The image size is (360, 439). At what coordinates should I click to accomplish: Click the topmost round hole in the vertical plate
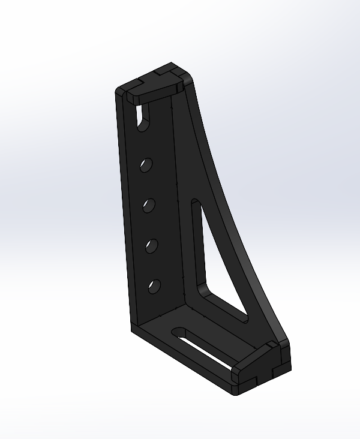[x=145, y=164]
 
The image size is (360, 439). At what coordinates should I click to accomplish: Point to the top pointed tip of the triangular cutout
[x=194, y=204]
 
